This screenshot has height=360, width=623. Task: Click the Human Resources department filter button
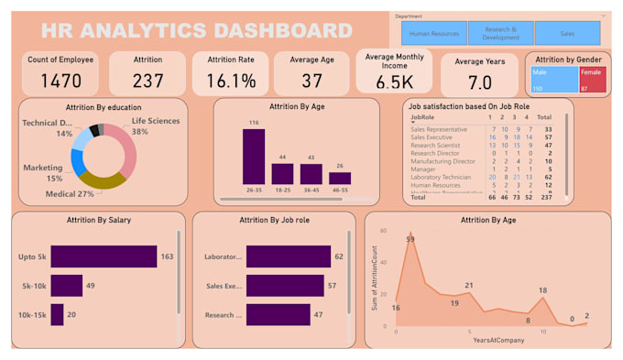point(434,34)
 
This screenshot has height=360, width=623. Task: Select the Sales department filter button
point(567,34)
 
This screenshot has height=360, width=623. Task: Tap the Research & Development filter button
point(500,34)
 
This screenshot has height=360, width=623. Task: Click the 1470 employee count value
point(60,80)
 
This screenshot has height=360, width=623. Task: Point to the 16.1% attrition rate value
point(232,81)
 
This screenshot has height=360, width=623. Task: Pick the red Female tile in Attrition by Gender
point(593,79)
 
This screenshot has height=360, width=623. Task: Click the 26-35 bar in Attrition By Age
point(254,156)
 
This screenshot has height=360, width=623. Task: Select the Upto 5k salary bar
point(104,256)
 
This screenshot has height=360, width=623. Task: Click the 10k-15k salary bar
point(57,314)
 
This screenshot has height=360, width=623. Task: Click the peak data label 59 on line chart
point(410,239)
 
